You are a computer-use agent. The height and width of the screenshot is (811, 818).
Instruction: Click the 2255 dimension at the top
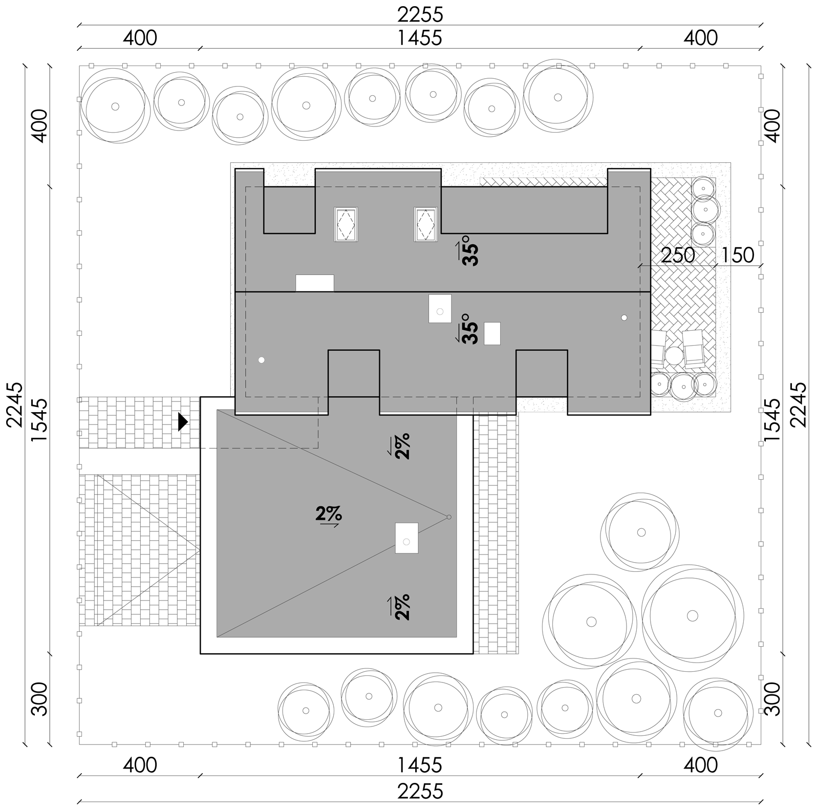click(420, 15)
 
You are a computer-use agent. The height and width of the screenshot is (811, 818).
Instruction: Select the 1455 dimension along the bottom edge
click(420, 765)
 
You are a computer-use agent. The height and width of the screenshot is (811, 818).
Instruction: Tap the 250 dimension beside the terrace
click(678, 255)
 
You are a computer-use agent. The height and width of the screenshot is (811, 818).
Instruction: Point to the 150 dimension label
click(738, 255)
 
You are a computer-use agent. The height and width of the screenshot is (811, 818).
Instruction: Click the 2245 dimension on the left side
click(15, 404)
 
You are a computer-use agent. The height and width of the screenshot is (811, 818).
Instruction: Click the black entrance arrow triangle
click(183, 421)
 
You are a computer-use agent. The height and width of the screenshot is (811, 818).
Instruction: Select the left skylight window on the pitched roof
click(346, 224)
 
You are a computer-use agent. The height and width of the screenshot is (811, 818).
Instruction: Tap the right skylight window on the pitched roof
click(425, 224)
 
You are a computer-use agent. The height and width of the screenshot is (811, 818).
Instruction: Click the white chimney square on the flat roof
click(406, 538)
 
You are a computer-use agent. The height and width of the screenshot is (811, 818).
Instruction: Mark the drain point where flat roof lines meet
click(449, 517)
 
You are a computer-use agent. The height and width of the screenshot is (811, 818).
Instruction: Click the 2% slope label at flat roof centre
click(329, 515)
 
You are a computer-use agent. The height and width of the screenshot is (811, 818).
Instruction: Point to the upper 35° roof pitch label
click(468, 251)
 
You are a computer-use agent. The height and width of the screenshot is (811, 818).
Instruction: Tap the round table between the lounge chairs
click(674, 355)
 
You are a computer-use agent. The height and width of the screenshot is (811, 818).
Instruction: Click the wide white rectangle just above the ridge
click(315, 283)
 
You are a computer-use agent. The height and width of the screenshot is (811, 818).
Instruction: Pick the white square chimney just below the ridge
click(440, 308)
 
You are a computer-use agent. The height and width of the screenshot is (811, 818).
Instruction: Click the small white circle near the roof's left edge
click(262, 360)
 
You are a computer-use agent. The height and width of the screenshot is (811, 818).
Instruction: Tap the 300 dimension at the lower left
click(39, 699)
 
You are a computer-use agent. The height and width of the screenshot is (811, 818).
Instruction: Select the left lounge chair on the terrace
click(658, 349)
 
